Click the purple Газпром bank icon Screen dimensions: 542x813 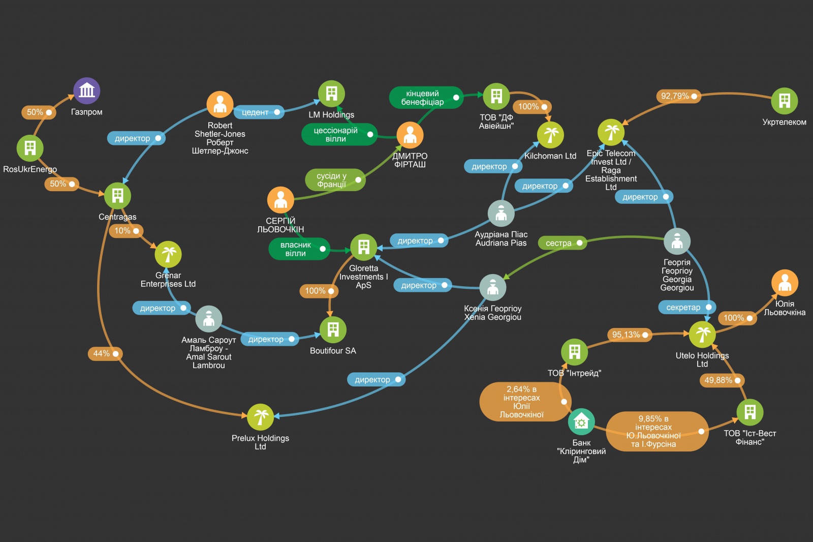pos(87,91)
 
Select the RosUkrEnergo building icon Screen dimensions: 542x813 pos(30,148)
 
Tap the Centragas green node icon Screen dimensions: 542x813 pos(117,196)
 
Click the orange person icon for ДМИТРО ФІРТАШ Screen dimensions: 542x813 pos(410,135)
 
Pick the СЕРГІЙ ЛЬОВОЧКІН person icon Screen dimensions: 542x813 pos(280,200)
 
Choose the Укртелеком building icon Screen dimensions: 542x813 pos(784,101)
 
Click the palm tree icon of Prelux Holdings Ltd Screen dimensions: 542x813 pos(260,417)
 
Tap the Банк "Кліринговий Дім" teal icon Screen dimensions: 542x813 pos(581,421)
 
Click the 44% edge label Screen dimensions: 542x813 pos(105,353)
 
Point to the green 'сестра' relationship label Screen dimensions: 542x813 pos(562,243)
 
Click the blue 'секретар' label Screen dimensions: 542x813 pos(687,307)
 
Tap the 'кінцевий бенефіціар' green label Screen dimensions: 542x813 pos(426,98)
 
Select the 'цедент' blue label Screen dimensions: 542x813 pos(259,112)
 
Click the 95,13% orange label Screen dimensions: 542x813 pos(629,335)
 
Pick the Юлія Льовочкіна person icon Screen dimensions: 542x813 pos(785,283)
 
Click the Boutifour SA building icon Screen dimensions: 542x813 pos(333,329)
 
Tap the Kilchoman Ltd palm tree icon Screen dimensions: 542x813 pos(550,135)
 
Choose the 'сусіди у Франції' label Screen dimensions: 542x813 pos(335,180)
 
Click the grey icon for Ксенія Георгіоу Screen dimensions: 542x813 pos(492,287)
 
